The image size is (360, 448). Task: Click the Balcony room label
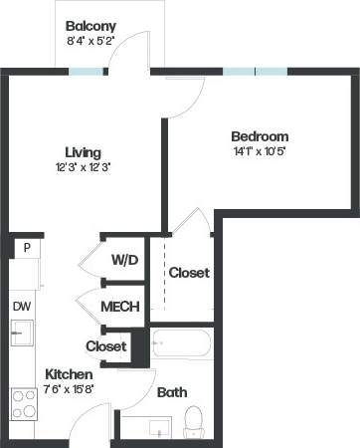pos(90,26)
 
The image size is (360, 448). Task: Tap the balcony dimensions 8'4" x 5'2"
pos(90,42)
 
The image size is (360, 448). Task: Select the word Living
pos(84,152)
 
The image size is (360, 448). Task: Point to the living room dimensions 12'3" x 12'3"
pos(84,167)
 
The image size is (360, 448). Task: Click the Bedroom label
pos(260,136)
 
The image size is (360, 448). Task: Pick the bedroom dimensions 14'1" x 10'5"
pos(260,151)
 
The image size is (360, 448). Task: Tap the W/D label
pos(124,260)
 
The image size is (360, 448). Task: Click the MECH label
pos(120,307)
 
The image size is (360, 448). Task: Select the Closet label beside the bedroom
pos(188,273)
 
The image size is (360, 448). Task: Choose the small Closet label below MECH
pos(106,346)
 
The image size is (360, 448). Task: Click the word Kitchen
pos(70,374)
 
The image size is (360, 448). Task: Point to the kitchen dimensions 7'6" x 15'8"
pos(70,389)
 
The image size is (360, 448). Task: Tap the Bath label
pos(172,393)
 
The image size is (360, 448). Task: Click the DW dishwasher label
pos(22,306)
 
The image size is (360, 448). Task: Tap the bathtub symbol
pos(182,348)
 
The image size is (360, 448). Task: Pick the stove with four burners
pos(23,402)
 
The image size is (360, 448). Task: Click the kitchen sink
pos(20,332)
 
